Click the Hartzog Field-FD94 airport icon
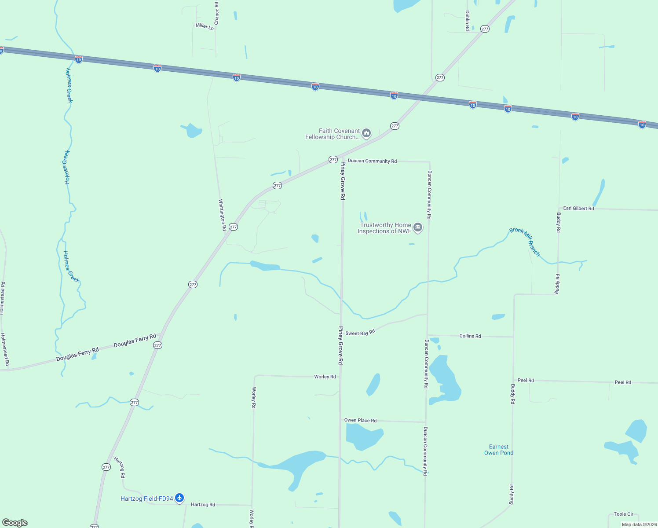[179, 498]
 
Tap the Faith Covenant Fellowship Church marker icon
[366, 133]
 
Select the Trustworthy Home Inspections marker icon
[418, 227]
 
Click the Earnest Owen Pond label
[499, 450]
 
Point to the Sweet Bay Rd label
[360, 333]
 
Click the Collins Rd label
[470, 336]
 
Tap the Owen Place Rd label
[360, 420]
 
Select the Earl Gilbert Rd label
[578, 208]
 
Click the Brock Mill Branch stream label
[525, 242]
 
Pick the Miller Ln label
[205, 26]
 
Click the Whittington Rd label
[223, 215]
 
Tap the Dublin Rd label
[467, 20]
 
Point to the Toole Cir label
[623, 514]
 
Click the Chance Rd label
[216, 13]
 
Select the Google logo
[15, 523]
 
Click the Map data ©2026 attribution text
[639, 524]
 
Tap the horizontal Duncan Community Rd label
[372, 161]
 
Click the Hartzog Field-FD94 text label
[147, 499]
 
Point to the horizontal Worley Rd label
[325, 377]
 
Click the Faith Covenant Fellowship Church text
[333, 134]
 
